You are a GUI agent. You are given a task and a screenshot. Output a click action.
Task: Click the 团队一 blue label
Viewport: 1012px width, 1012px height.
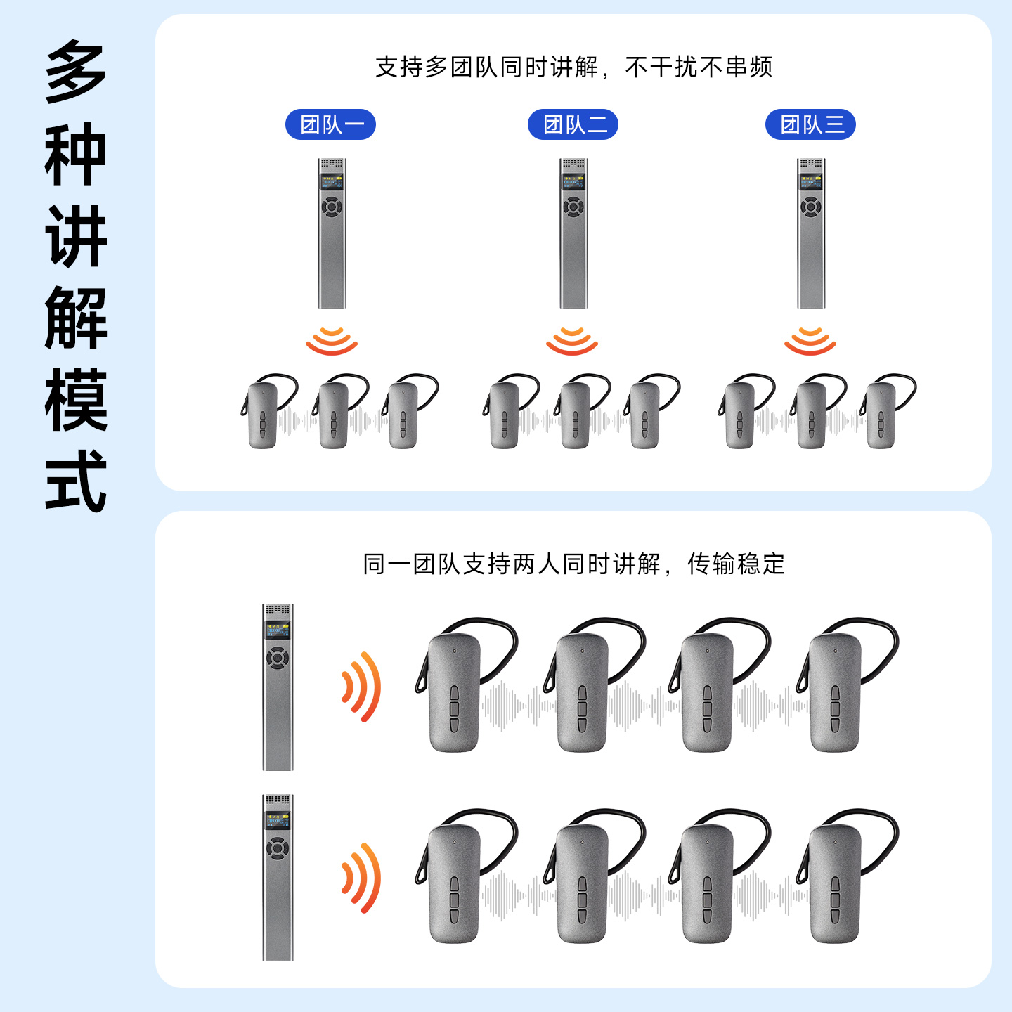[330, 125]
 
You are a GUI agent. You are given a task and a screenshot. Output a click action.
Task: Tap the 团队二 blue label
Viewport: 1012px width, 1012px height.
[573, 125]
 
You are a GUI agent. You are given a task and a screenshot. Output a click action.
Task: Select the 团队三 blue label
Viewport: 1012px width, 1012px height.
[810, 125]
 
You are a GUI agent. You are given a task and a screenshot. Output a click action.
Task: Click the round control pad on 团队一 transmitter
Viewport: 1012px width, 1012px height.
[332, 207]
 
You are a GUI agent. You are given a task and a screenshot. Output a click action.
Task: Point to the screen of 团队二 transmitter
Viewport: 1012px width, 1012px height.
[573, 182]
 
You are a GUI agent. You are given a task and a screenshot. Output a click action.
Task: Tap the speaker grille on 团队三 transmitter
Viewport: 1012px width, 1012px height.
[810, 163]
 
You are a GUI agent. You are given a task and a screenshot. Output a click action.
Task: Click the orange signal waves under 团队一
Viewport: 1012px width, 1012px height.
[332, 340]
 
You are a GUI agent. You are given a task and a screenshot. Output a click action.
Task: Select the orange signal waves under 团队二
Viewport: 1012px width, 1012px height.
[572, 340]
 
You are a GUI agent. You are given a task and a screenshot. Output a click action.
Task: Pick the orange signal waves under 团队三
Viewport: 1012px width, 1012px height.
[810, 340]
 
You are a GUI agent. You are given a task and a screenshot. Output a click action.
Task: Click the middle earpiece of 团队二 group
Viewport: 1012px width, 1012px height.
[576, 415]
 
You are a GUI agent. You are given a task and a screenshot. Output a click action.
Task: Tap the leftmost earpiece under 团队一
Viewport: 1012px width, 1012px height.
[264, 415]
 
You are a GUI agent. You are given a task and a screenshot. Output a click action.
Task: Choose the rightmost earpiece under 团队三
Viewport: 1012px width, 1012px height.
[883, 415]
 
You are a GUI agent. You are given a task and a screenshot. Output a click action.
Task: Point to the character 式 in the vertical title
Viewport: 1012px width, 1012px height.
[76, 481]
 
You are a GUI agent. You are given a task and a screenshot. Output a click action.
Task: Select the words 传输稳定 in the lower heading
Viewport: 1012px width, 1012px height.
[736, 564]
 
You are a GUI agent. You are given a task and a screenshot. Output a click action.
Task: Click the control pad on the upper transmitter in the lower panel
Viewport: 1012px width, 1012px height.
[278, 659]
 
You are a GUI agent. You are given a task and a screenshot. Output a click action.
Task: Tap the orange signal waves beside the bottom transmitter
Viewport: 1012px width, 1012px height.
[361, 878]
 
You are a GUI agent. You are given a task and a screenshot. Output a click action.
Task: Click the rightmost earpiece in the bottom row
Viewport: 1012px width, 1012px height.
[836, 882]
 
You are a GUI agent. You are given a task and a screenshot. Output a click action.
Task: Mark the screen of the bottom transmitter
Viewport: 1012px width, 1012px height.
[278, 820]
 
